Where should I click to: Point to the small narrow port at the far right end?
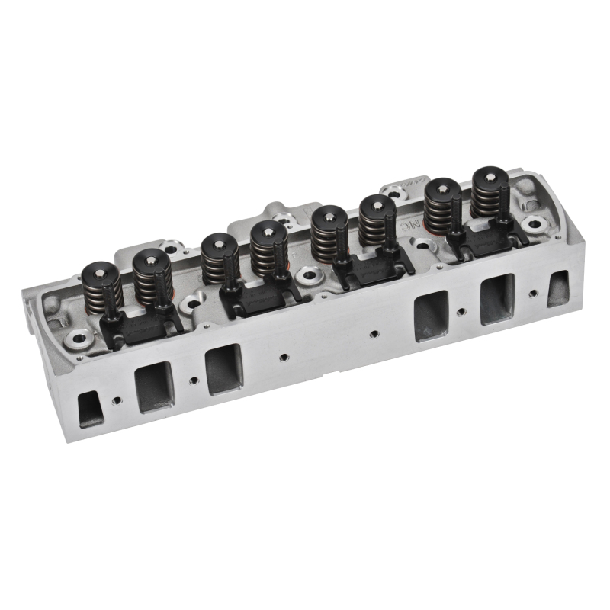point(557,288)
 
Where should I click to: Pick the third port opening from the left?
point(223,368)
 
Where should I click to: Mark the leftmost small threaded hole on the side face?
point(117,400)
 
